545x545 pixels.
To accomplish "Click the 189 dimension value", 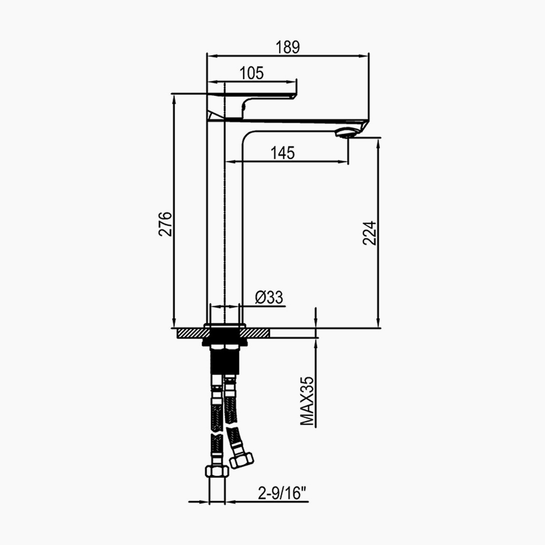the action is pyautogui.click(x=288, y=47).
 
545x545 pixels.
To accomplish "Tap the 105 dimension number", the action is pyautogui.click(x=252, y=73).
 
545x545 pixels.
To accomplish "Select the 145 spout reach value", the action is pyautogui.click(x=283, y=153).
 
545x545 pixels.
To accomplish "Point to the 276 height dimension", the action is pyautogui.click(x=165, y=224).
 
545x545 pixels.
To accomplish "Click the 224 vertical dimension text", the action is pyautogui.click(x=369, y=233).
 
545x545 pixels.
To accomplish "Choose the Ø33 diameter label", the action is pyautogui.click(x=269, y=298).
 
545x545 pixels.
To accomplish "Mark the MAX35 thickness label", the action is pyautogui.click(x=307, y=401).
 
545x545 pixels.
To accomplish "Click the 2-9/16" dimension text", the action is pyautogui.click(x=283, y=493).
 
